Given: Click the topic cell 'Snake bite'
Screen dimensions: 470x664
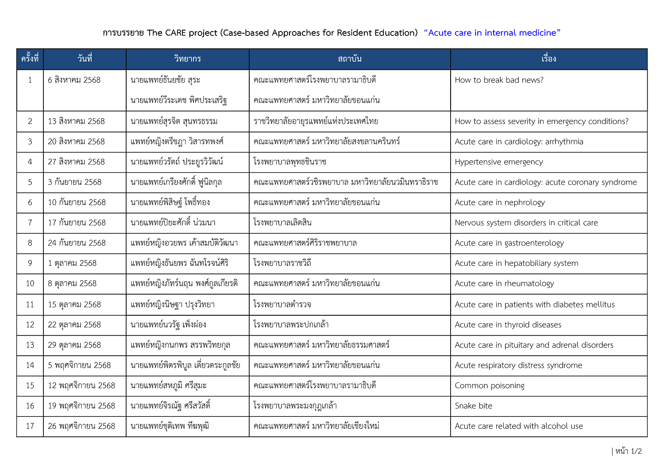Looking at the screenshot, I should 473,406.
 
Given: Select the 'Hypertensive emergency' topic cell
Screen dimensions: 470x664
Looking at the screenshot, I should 498,162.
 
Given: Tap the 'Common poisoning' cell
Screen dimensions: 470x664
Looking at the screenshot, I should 489,385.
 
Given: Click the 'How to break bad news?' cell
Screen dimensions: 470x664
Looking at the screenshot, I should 499,80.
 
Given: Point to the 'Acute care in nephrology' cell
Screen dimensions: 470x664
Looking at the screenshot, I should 500,202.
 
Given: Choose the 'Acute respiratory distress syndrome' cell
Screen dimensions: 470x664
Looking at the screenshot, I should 518,365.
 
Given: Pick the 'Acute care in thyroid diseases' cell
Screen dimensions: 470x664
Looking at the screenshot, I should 508,325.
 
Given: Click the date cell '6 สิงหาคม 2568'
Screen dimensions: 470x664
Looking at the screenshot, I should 74,80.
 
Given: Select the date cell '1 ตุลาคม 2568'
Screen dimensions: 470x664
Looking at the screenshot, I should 72,263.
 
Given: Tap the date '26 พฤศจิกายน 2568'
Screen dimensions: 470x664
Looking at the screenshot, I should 81,426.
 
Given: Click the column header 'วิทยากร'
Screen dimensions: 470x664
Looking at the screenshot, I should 187,59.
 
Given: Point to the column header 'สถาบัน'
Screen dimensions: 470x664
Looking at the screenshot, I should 349,59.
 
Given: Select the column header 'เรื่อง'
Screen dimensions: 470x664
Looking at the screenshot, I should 548,59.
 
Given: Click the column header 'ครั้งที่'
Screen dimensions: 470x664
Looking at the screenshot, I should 30,59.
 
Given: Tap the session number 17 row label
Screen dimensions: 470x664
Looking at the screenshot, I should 30,426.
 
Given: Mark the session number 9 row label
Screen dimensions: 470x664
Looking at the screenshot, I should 30,263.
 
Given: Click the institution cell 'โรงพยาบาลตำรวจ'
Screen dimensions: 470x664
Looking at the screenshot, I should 282,305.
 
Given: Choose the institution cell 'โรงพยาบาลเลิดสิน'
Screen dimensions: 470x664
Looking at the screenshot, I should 282,223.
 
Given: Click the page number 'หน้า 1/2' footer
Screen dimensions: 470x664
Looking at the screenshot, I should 628,451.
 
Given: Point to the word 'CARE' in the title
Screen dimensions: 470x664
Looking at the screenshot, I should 176,33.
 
